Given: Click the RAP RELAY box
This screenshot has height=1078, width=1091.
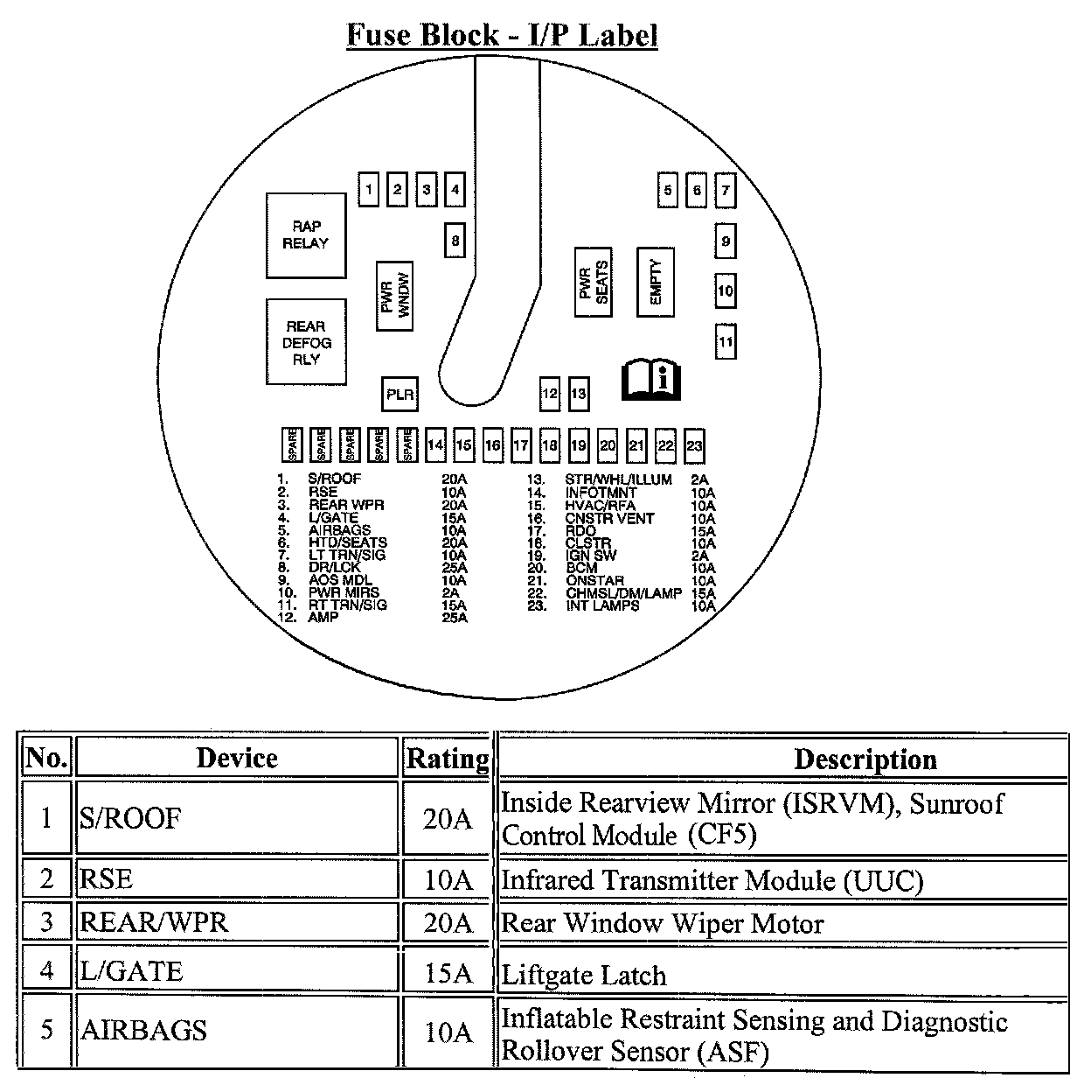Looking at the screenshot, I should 305,234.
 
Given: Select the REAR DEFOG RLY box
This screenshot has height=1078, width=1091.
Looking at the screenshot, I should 306,342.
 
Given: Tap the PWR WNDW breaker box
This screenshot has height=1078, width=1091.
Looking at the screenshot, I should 394,296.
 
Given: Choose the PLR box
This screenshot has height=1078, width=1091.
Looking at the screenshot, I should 400,395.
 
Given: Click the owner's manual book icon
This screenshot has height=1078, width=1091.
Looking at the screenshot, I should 650,378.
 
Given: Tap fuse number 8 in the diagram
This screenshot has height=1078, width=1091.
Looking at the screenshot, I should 455,240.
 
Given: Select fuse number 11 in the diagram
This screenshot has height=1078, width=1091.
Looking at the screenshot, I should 726,341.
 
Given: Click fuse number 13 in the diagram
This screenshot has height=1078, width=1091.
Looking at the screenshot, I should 578,394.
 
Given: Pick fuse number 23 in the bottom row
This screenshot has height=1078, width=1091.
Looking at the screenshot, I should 694,445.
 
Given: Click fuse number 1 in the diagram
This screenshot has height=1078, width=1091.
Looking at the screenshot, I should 370,189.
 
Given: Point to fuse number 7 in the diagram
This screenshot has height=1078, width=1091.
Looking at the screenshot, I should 725,189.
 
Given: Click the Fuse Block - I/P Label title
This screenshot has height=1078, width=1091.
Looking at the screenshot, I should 502,35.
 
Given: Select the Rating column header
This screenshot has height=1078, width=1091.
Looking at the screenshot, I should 448,758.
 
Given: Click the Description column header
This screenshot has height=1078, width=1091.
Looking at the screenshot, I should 865,759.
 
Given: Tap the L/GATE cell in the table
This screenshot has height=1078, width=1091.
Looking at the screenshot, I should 236,970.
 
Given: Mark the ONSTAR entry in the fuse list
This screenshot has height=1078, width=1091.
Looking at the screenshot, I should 594,580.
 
